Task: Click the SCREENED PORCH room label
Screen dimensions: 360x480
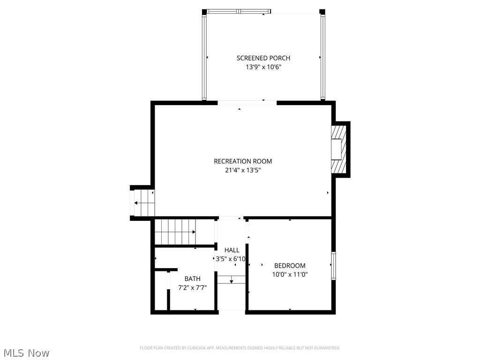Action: pyautogui.click(x=263, y=58)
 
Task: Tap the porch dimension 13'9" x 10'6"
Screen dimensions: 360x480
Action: pyautogui.click(x=263, y=67)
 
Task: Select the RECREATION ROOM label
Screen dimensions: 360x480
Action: pyautogui.click(x=243, y=161)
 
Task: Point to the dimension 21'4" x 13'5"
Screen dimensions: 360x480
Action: pyautogui.click(x=243, y=171)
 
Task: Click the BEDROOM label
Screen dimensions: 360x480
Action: pyautogui.click(x=290, y=266)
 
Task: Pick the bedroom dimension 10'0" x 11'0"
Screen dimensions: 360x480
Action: pyautogui.click(x=290, y=275)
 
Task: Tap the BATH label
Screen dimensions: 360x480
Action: pyautogui.click(x=192, y=279)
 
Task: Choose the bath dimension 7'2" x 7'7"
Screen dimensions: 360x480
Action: pyautogui.click(x=192, y=288)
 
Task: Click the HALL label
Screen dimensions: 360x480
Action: pyautogui.click(x=232, y=250)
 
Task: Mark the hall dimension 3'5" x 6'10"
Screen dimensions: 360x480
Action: pyautogui.click(x=231, y=259)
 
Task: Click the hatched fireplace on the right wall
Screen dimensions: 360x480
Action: pyautogui.click(x=339, y=150)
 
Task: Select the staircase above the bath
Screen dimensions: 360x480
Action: pyautogui.click(x=175, y=232)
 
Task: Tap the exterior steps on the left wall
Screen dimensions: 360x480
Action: pyautogui.click(x=142, y=202)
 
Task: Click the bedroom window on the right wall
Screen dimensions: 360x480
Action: pyautogui.click(x=334, y=266)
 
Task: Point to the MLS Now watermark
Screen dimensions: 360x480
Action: pyautogui.click(x=26, y=352)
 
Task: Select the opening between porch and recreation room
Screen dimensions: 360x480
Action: pyautogui.click(x=247, y=103)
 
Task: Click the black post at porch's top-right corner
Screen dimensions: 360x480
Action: pyautogui.click(x=322, y=12)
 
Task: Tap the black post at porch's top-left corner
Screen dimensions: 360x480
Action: pyautogui.click(x=204, y=12)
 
